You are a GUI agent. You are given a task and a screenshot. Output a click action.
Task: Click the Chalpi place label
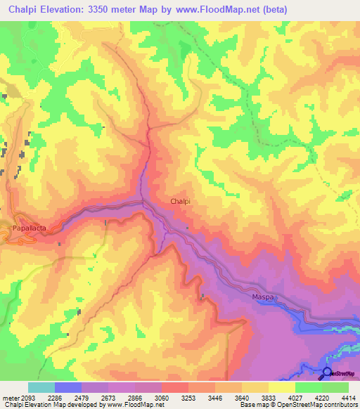(x=180, y=201)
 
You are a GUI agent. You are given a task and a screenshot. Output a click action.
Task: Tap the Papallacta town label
(x=30, y=228)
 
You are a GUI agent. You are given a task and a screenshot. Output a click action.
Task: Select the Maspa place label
(x=262, y=298)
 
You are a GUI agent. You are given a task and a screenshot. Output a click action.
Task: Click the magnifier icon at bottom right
(x=327, y=373)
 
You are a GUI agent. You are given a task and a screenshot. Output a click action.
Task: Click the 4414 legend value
(x=349, y=397)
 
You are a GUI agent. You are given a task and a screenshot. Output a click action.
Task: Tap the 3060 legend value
(x=162, y=397)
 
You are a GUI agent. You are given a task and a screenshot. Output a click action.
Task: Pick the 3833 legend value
(x=269, y=397)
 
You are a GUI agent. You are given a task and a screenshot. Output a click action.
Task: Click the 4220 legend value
(x=323, y=397)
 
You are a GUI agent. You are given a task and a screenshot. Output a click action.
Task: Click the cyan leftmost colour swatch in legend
(x=41, y=387)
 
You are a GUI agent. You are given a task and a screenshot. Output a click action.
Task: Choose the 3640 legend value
(x=243, y=397)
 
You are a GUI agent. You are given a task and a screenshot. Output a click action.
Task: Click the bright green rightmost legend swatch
(x=335, y=387)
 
